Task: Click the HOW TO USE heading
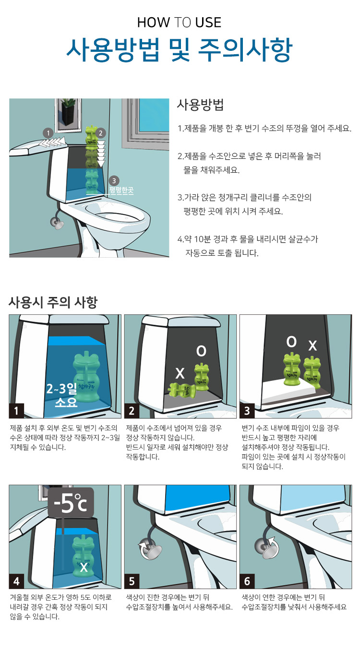[x=179, y=23]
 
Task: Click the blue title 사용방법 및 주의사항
[x=179, y=50]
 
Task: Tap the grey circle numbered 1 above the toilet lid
[x=48, y=133]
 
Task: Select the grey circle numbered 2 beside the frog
[x=101, y=133]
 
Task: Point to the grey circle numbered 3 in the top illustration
[x=114, y=181]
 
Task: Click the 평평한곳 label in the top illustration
[x=121, y=190]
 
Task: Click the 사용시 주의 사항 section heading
[x=53, y=302]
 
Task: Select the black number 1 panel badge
[x=16, y=411]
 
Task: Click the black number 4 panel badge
[x=16, y=581]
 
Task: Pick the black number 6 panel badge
[x=247, y=581]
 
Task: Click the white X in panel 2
[x=180, y=373]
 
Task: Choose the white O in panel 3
[x=291, y=342]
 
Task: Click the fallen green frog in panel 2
[x=182, y=391]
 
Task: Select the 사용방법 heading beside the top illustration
[x=200, y=105]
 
